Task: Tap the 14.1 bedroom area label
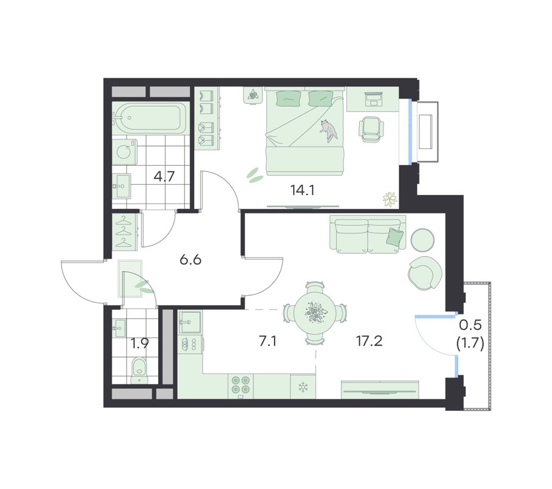(x=302, y=190)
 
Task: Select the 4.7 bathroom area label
(x=164, y=176)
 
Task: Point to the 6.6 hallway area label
(x=190, y=260)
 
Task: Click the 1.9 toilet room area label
(x=139, y=343)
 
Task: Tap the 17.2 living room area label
(x=369, y=341)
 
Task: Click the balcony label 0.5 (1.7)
(x=470, y=334)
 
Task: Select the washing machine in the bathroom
(x=125, y=152)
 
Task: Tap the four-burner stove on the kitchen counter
(x=241, y=384)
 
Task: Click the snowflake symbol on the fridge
(x=303, y=387)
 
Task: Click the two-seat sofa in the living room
(x=368, y=234)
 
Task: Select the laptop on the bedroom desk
(x=373, y=99)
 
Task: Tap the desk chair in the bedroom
(x=371, y=129)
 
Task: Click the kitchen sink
(x=190, y=322)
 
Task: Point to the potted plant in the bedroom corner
(x=390, y=199)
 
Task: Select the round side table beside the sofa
(x=423, y=240)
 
